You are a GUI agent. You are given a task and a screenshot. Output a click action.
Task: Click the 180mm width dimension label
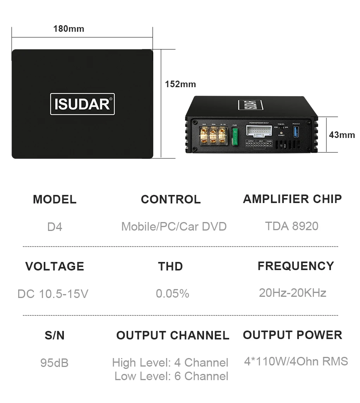point(69,29)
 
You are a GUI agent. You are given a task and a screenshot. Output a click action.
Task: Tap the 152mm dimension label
point(180,84)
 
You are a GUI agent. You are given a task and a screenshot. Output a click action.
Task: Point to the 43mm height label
point(342,135)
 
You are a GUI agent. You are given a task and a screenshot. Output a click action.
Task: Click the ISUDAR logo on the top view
point(82,104)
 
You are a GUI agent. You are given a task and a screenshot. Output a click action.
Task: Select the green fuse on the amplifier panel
point(234,137)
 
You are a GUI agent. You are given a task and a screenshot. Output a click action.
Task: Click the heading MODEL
point(55,199)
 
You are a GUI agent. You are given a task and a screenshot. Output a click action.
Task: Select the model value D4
point(55,227)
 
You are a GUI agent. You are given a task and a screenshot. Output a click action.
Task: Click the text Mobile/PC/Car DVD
point(174,226)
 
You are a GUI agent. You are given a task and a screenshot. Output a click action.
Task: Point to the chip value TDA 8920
point(292,226)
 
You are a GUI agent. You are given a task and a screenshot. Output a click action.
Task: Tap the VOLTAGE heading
point(55,266)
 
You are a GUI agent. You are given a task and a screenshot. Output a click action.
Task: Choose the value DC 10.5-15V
point(53,294)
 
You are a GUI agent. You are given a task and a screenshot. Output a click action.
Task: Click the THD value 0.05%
point(173,294)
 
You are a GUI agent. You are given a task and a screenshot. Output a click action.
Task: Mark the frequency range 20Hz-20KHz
point(293,293)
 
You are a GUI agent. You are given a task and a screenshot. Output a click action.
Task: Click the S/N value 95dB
point(55,363)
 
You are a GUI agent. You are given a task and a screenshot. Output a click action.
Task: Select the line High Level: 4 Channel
point(170,363)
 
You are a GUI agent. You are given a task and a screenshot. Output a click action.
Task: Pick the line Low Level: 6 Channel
point(171,376)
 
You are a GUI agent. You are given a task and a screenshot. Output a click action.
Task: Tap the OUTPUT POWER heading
point(293,335)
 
